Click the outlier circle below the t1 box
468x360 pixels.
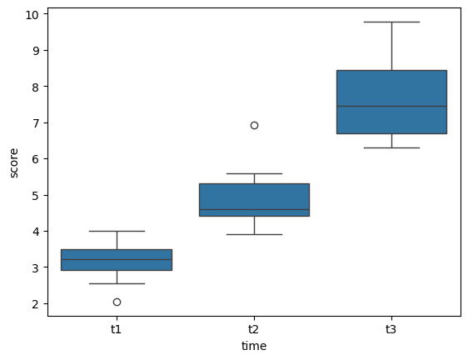point(117,302)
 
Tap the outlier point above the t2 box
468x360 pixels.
point(254,125)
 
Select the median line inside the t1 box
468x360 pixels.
point(117,259)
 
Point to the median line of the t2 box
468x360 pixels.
point(254,209)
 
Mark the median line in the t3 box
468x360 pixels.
point(391,106)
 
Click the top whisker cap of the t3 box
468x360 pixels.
point(391,22)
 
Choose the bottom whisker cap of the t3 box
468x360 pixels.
point(391,147)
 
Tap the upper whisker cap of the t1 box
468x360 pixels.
point(117,231)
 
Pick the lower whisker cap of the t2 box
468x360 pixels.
point(254,234)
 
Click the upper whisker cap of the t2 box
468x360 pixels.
point(254,173)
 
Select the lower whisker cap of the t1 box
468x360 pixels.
point(117,283)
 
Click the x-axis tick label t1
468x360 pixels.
point(117,329)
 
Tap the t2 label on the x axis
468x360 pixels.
point(254,329)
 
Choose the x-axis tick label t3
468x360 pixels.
point(391,329)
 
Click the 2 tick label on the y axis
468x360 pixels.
point(37,304)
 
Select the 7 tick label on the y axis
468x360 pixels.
point(37,122)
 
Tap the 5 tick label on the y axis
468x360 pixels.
point(37,195)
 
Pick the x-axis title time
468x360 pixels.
point(254,345)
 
